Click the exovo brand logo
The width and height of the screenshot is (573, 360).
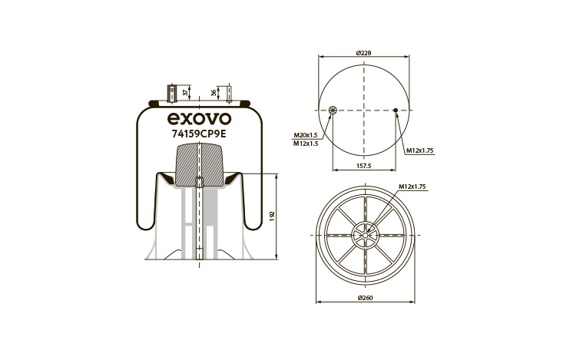(199, 118)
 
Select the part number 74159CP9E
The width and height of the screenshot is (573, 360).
(199, 134)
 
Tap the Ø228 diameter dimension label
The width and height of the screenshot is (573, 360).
(363, 53)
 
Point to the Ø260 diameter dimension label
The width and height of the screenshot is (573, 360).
(365, 298)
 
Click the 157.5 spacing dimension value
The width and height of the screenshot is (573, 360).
(363, 166)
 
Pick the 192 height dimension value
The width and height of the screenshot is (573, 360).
(271, 216)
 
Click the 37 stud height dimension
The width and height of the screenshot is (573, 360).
(186, 92)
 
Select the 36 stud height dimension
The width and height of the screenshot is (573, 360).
(214, 93)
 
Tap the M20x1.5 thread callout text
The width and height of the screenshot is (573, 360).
(306, 135)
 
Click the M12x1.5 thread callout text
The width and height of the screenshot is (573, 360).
(306, 144)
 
